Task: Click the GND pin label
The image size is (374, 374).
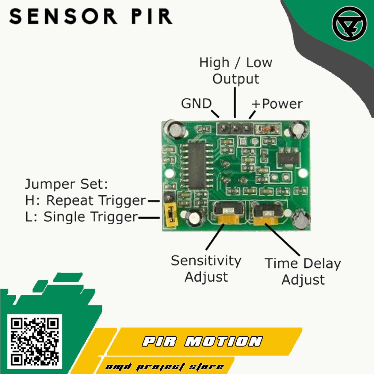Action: click(x=196, y=104)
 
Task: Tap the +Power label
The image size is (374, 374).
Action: click(x=277, y=104)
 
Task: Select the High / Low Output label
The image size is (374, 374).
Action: click(x=236, y=70)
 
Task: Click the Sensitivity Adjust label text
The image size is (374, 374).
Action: click(x=206, y=268)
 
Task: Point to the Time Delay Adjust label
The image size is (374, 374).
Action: click(x=303, y=271)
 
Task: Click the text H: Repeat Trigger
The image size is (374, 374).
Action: click(x=85, y=201)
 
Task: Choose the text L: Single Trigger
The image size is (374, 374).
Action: click(x=81, y=217)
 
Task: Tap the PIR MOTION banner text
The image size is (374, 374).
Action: click(x=202, y=341)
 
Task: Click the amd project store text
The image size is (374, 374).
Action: click(x=164, y=367)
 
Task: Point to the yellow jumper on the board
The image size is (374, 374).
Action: click(x=170, y=215)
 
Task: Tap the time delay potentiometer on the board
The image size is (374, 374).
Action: click(x=267, y=214)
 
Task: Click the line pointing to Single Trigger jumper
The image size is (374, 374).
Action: click(x=149, y=218)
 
